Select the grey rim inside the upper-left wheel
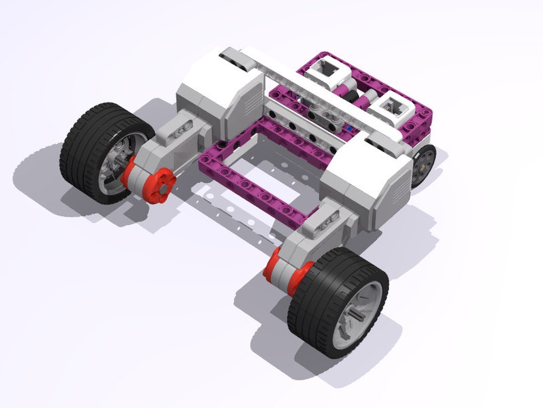[117, 163]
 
